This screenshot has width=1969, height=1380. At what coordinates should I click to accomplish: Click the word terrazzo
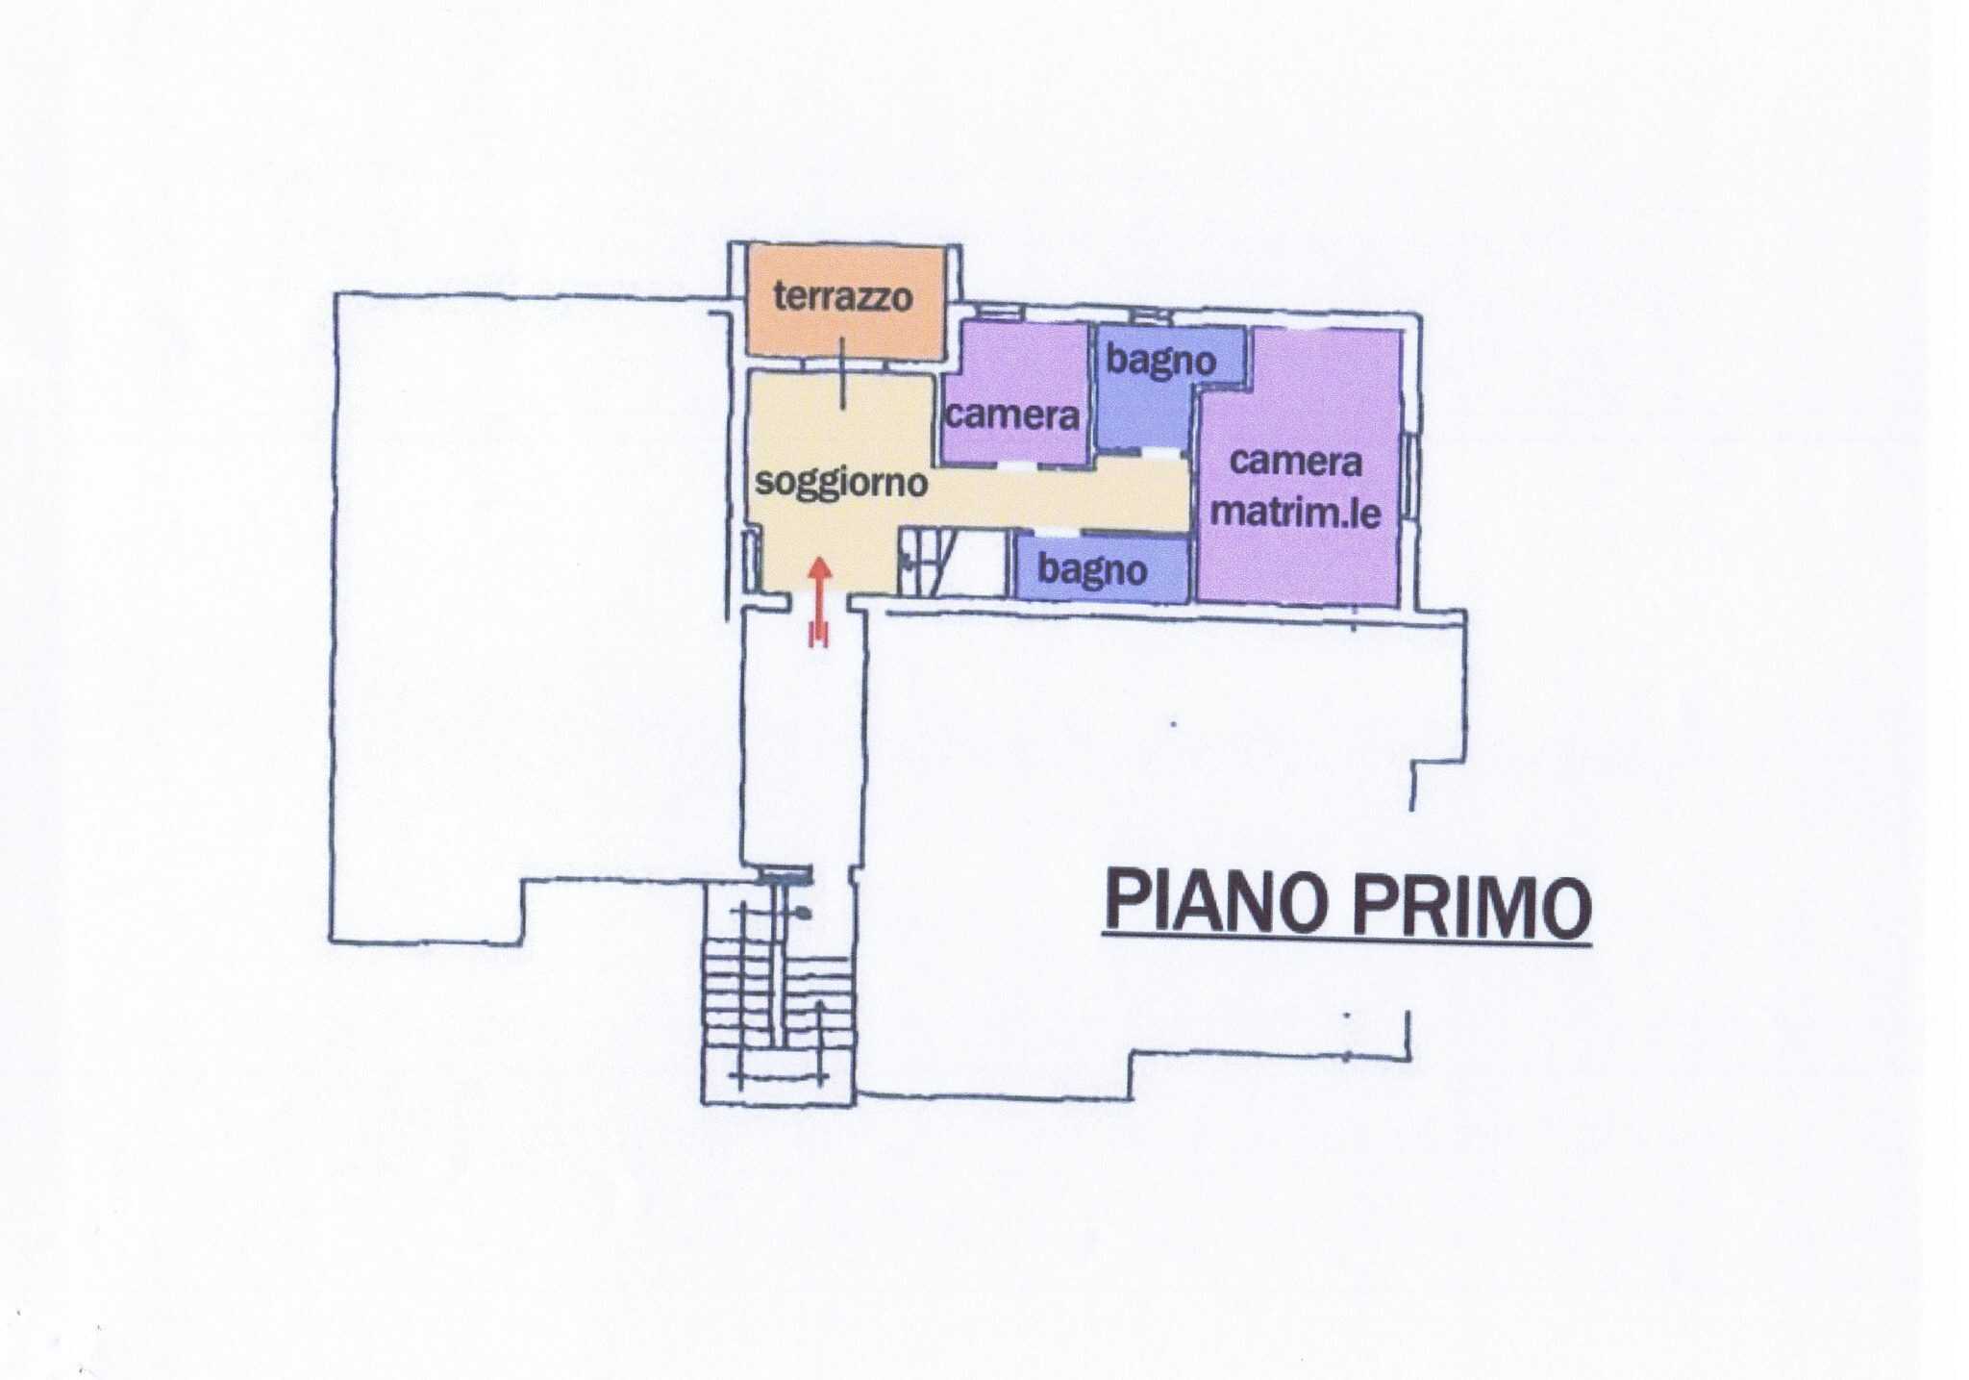843,296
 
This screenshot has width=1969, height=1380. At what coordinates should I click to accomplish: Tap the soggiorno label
841,482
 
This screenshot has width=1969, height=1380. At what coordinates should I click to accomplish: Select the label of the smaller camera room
1012,415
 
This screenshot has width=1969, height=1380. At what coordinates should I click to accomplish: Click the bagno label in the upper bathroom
1161,360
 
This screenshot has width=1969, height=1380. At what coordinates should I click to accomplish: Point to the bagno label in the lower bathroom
1092,570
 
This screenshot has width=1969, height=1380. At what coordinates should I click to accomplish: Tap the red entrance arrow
819,601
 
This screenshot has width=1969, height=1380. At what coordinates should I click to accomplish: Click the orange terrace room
845,302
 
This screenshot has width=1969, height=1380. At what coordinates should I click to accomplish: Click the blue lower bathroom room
1103,567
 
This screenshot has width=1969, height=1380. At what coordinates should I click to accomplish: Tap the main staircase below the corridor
779,991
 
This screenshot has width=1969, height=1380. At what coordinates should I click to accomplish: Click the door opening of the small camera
1017,465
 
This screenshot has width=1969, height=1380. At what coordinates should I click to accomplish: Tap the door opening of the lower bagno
1057,532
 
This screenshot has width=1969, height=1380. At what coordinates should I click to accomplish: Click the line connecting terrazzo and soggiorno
843,373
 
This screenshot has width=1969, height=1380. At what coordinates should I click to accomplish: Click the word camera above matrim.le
1295,463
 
